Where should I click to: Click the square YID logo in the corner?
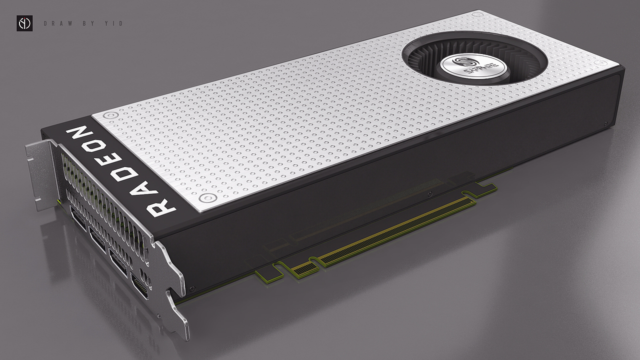(24, 23)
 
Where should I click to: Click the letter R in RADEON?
(160, 207)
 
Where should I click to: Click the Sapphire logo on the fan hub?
(473, 67)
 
